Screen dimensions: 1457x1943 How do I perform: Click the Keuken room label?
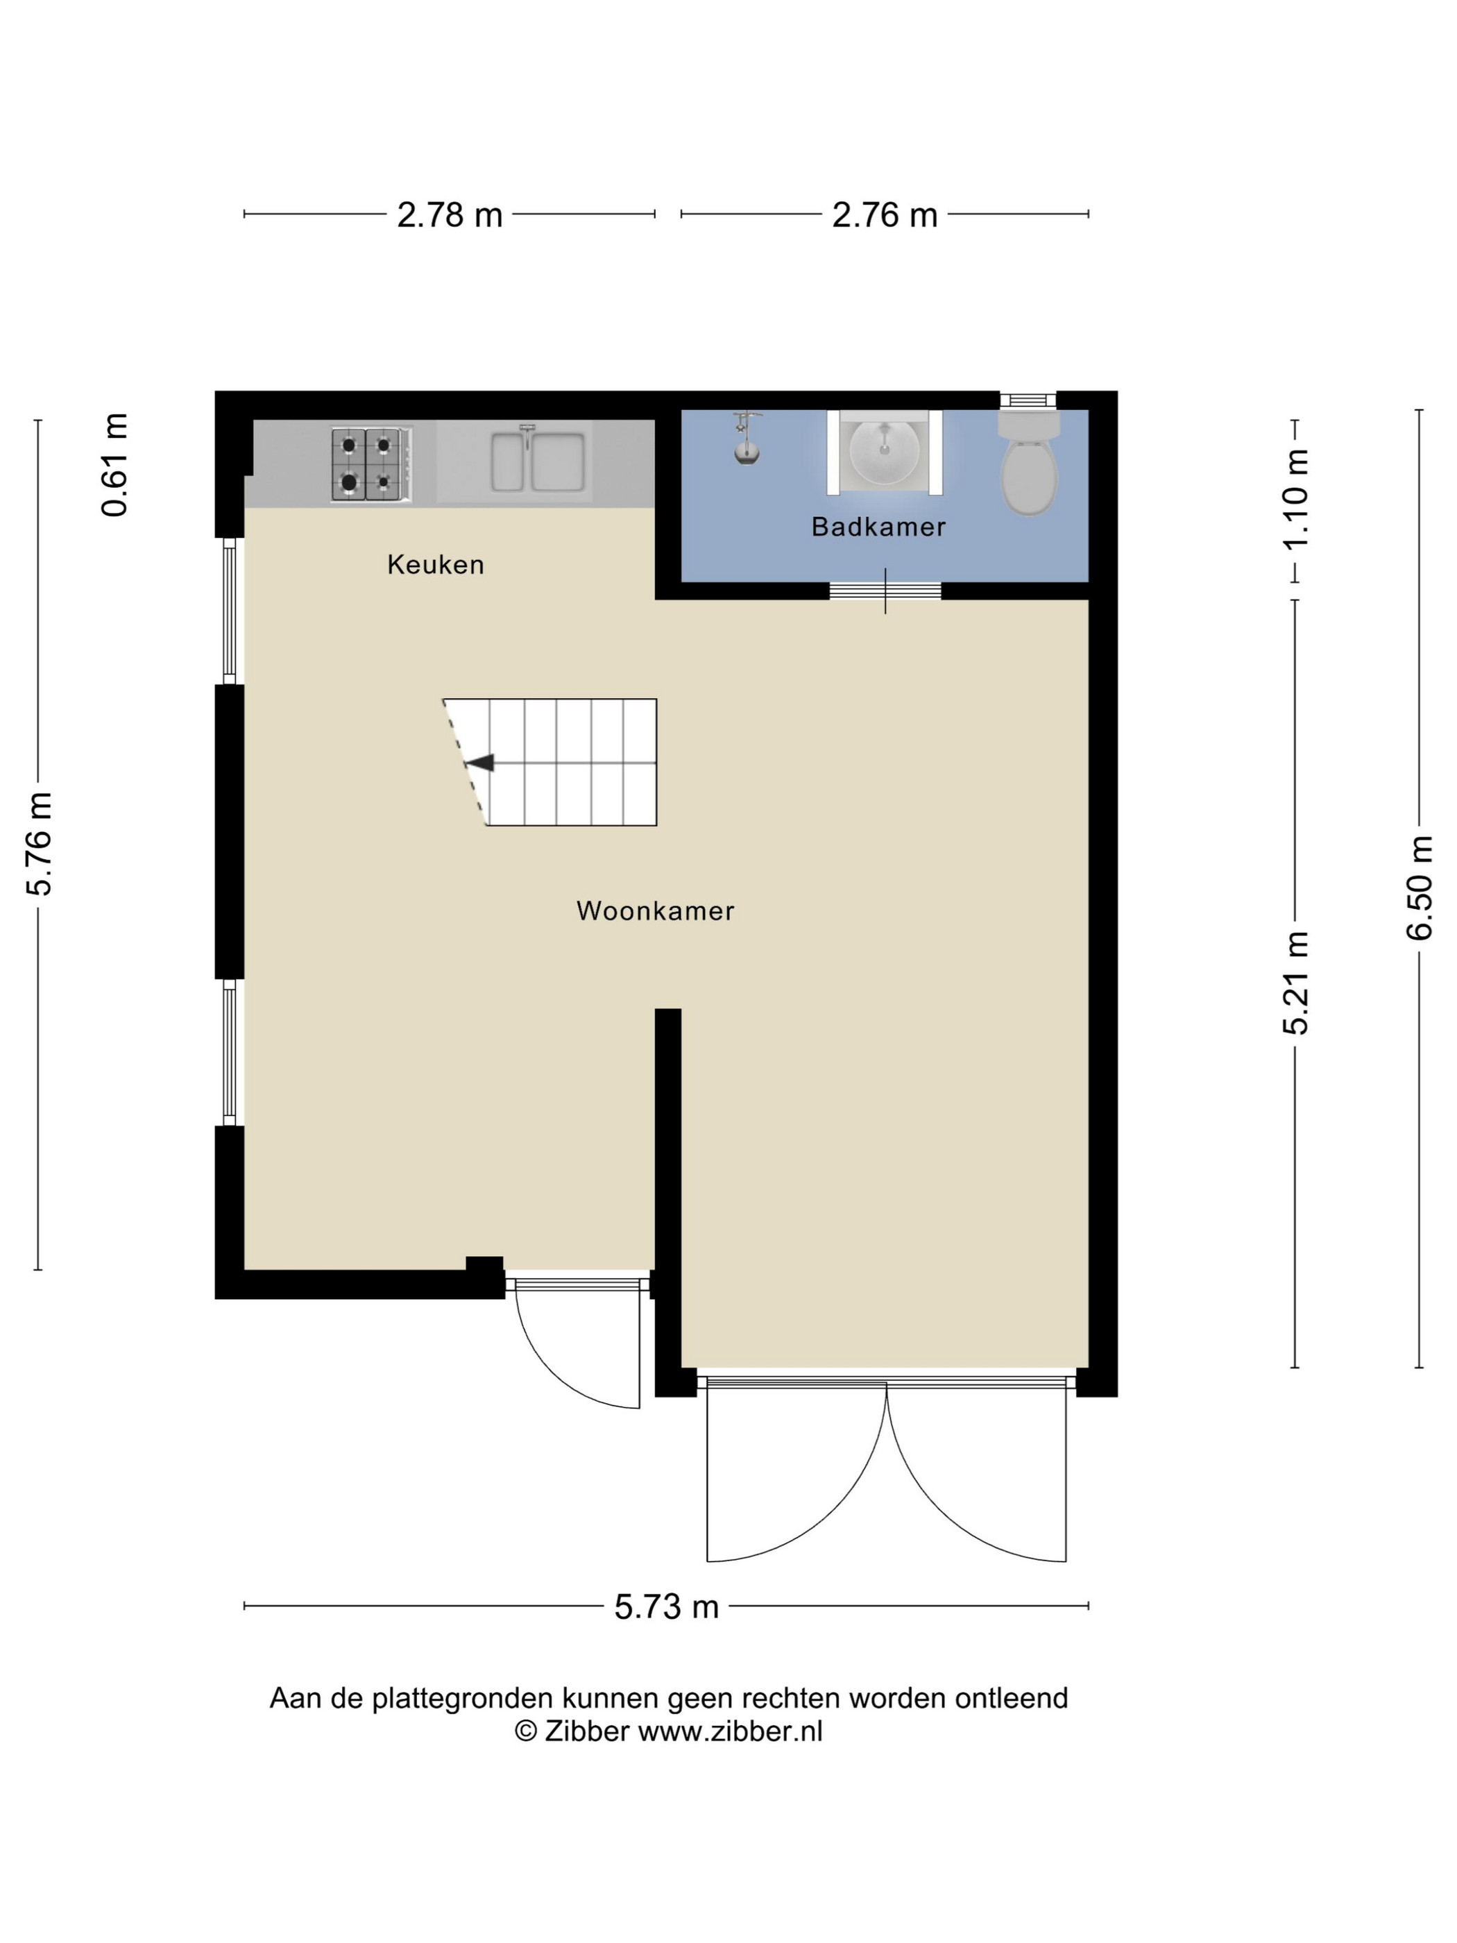(x=436, y=564)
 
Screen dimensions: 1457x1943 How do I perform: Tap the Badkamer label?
(x=878, y=526)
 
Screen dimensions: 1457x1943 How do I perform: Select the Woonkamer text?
(x=655, y=911)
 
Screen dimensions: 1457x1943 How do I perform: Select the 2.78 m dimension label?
(x=450, y=215)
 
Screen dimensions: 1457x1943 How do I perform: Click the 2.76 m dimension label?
(x=885, y=215)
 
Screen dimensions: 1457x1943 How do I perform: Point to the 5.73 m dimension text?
(x=667, y=1606)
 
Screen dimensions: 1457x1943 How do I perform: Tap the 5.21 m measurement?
(x=1295, y=982)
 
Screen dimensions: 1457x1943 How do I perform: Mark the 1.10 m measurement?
(x=1295, y=499)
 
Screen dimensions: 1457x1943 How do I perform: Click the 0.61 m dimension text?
(x=115, y=465)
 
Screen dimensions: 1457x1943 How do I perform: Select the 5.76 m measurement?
(x=40, y=843)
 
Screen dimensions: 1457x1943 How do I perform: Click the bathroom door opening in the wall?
(x=885, y=591)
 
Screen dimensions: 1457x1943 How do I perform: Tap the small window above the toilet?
(x=1028, y=400)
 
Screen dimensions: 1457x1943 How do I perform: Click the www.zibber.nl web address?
(x=730, y=1731)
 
